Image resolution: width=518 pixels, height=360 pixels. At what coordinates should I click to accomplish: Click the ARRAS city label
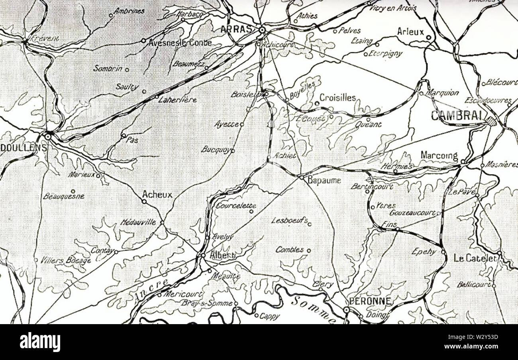coord(236,29)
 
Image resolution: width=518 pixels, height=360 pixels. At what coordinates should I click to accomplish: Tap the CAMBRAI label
coord(456,116)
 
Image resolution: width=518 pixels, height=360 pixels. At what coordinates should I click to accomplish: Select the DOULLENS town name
coord(23,147)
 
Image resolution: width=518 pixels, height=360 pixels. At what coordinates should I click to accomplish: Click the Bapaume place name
coord(324,180)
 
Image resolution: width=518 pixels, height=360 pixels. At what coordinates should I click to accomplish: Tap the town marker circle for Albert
coord(203,255)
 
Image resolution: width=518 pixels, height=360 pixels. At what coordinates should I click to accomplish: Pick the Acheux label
coord(157,195)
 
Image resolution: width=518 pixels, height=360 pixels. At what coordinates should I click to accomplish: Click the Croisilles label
coord(337,97)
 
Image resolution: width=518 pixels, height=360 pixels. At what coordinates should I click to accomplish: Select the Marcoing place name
coord(439,155)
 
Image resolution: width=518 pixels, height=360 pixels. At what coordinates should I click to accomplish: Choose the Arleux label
coord(410,31)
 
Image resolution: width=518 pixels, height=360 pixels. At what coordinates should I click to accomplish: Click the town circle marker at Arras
coord(262,30)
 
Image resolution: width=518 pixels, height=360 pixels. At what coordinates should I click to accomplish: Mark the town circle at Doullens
coord(48,136)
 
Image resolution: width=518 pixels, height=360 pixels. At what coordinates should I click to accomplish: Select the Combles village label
coord(290,250)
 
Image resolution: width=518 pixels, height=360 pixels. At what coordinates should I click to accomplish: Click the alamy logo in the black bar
coord(40,342)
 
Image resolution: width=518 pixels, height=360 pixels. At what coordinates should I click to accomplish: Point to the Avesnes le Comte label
coord(180,43)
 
